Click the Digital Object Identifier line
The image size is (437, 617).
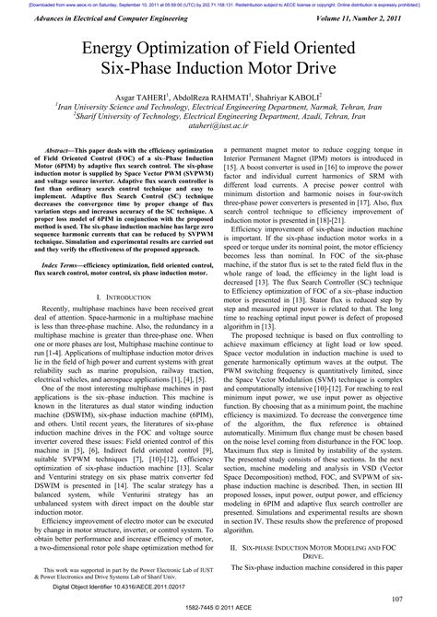point(106,585)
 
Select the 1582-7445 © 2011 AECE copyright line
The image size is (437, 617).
point(218,609)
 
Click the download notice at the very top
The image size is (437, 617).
point(218,5)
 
